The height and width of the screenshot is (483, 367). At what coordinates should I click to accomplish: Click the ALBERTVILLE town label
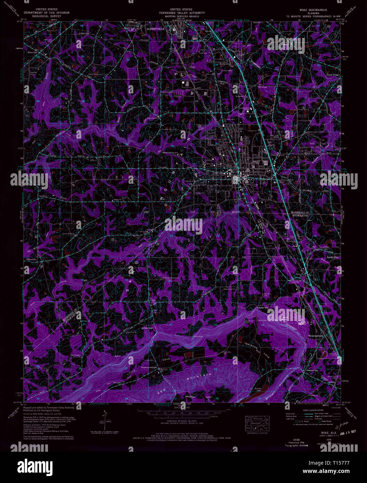(x=155, y=29)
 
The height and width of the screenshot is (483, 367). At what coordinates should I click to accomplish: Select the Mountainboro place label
(x=316, y=336)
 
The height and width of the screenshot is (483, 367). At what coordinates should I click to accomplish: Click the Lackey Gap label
(x=263, y=308)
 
